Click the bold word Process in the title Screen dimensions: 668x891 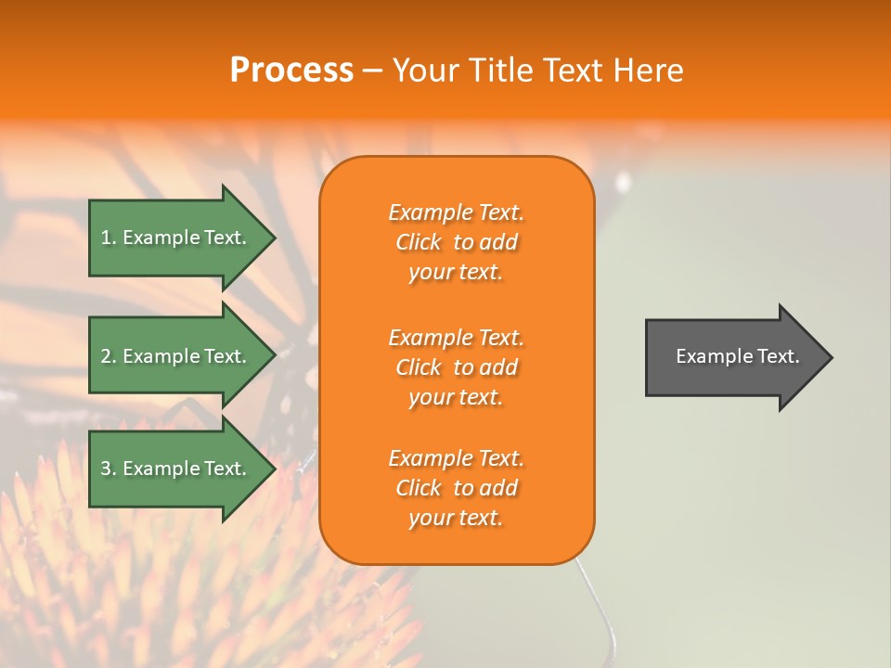(291, 71)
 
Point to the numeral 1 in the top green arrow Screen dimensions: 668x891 (106, 238)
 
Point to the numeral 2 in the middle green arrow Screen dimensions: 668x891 (106, 356)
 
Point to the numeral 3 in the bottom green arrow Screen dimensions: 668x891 (106, 469)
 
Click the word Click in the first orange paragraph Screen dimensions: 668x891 (419, 243)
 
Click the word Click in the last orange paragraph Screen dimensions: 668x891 (419, 489)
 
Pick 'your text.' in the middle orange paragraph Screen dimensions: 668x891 (456, 398)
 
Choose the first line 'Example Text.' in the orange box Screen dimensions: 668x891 (456, 212)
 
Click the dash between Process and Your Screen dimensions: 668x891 (372, 71)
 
